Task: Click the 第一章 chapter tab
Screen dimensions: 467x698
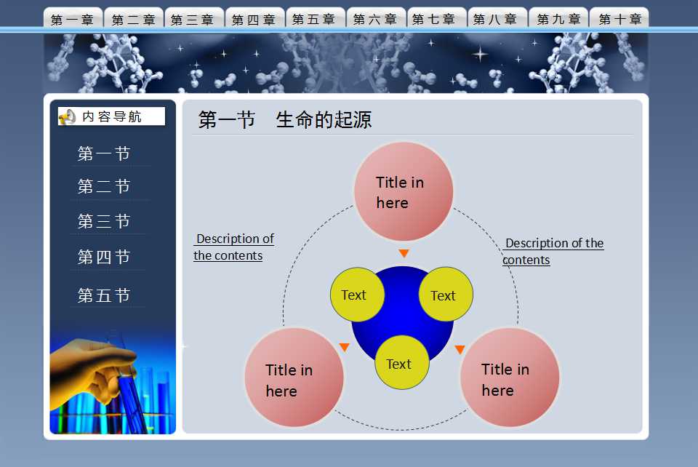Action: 73,19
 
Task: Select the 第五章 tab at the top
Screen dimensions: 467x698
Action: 315,19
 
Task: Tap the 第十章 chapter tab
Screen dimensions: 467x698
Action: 619,19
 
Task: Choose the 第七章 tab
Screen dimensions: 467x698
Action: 436,19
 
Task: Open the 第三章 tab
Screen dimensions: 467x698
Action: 194,19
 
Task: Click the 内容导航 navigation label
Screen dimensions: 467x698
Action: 112,116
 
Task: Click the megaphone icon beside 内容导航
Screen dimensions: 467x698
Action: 67,116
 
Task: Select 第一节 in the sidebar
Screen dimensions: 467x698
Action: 104,153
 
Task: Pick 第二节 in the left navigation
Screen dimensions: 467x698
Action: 104,187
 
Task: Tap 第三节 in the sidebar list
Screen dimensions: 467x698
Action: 104,221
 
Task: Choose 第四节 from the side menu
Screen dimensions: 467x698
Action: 104,257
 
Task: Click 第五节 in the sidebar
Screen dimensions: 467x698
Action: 104,295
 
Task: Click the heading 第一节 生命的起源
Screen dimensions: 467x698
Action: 285,120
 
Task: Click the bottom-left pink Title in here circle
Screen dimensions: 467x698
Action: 294,377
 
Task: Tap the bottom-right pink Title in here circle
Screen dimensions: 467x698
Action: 510,377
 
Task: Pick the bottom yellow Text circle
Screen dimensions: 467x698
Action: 401,362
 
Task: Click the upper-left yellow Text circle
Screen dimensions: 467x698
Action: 357,295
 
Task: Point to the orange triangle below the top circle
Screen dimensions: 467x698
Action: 404,254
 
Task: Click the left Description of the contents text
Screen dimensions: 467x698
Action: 233,247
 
